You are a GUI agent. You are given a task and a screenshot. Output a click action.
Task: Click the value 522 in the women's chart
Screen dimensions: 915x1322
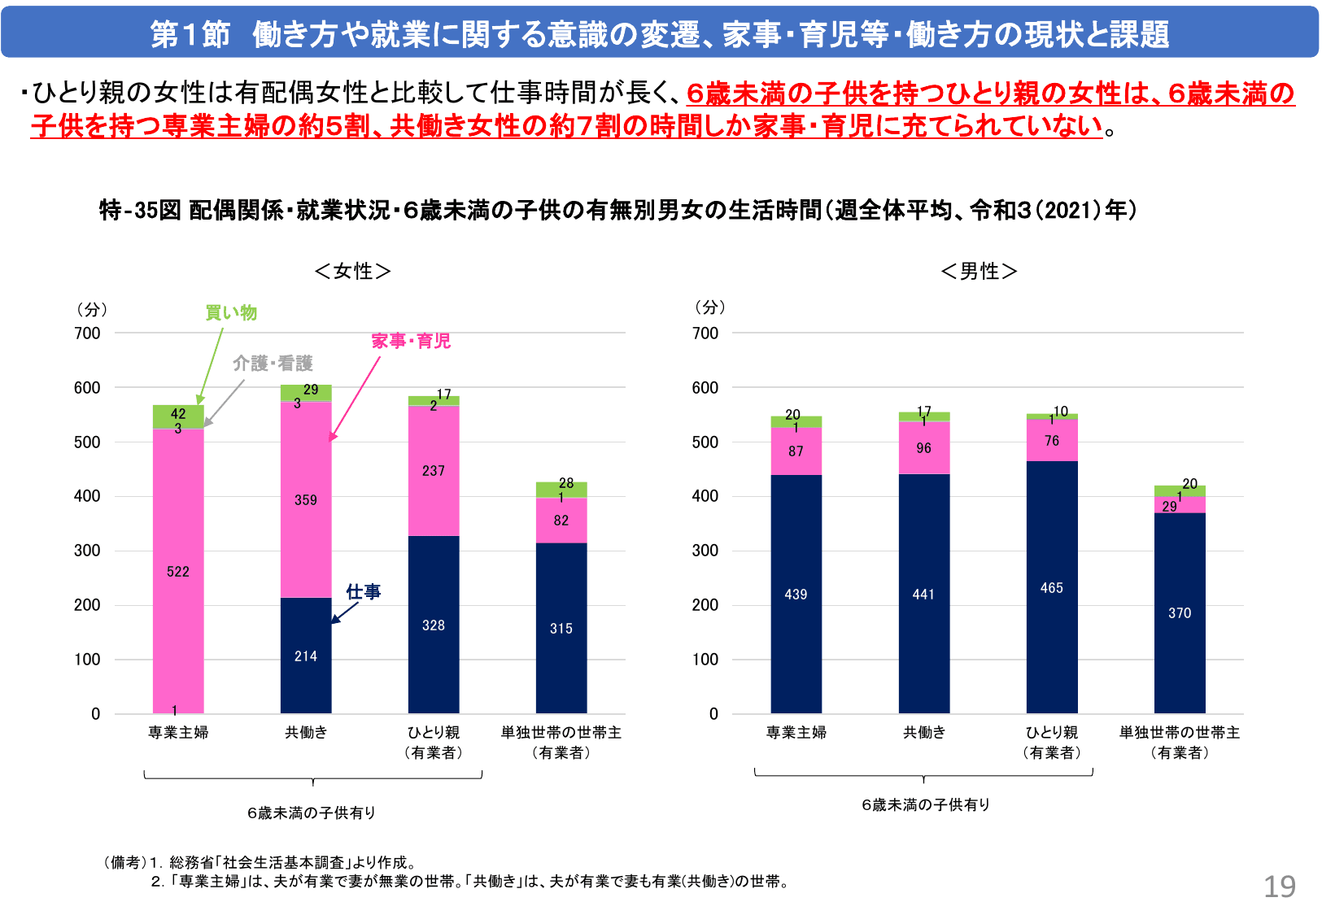pos(178,572)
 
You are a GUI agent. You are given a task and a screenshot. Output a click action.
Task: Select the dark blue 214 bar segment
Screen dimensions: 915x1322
pos(306,656)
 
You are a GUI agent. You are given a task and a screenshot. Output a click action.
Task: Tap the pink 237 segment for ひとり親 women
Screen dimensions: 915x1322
pos(434,470)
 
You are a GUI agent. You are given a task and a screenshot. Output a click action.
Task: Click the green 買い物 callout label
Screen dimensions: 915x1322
pos(231,312)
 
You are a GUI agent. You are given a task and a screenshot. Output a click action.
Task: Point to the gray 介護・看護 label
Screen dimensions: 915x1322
pos(273,364)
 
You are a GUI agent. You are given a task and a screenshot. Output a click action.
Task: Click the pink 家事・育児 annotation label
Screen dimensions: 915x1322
pos(411,341)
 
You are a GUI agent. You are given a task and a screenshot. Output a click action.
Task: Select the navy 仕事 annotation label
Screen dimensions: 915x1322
pos(363,592)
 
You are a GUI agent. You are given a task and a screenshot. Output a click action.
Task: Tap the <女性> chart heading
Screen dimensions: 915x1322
pos(352,271)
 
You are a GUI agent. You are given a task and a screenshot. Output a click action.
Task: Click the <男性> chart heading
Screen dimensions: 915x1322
pos(979,271)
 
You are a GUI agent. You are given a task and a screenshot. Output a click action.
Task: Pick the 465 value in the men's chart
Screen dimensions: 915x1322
pos(1052,587)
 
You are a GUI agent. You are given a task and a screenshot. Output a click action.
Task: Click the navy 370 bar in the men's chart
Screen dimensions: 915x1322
pos(1180,613)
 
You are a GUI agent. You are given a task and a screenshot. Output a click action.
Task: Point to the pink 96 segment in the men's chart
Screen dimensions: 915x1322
pos(924,448)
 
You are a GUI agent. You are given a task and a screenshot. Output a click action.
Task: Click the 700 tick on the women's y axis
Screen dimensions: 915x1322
pos(87,333)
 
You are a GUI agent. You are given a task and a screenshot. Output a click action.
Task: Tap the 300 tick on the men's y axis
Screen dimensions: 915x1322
pos(705,551)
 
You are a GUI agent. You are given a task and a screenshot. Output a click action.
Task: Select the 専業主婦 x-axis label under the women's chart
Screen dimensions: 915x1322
pos(178,733)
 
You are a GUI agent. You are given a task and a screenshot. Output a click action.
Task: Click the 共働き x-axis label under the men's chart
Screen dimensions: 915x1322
pos(924,733)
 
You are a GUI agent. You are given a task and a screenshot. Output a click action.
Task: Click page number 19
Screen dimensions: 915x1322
pos(1279,886)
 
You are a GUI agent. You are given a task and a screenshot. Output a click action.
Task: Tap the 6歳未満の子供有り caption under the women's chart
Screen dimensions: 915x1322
pos(312,813)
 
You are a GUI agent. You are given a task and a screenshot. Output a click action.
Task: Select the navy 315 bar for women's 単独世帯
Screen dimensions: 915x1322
pos(561,628)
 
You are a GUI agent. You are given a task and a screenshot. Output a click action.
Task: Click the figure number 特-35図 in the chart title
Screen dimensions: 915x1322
pos(140,211)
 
